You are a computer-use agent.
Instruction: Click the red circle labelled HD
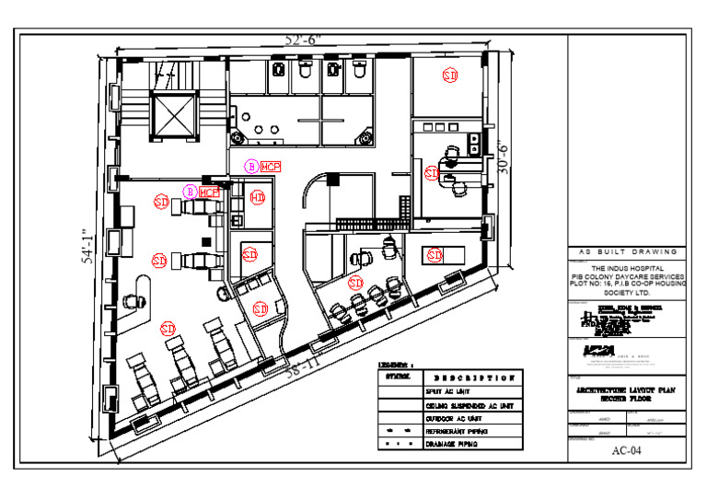(257, 199)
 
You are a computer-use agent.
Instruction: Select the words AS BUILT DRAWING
(626, 251)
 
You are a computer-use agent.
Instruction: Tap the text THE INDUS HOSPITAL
(626, 267)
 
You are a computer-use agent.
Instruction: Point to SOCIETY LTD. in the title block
(626, 292)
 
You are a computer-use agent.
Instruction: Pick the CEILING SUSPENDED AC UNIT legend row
(469, 405)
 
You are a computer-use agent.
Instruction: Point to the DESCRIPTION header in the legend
(472, 378)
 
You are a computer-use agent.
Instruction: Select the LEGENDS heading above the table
(396, 365)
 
